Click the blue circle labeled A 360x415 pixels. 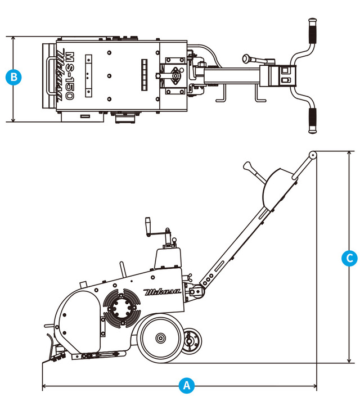[187, 385]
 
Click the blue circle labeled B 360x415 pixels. [13, 77]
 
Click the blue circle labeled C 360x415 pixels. [349, 258]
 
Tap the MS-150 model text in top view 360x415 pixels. [70, 76]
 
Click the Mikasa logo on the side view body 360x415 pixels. [162, 292]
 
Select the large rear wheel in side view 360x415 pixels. [160, 339]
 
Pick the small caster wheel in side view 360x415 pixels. [191, 341]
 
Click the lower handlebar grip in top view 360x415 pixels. [313, 120]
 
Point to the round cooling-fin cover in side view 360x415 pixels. [121, 308]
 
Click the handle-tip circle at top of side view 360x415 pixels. [313, 155]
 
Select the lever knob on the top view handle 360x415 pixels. [246, 58]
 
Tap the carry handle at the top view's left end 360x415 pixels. [50, 76]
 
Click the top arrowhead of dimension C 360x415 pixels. [349, 154]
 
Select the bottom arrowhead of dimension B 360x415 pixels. [13, 120]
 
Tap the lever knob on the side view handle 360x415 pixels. [247, 166]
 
